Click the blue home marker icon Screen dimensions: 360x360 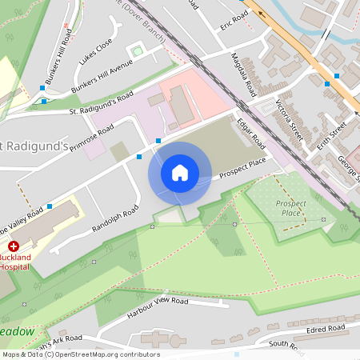pyautogui.click(x=180, y=172)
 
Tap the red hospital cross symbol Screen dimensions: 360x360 pyautogui.click(x=14, y=248)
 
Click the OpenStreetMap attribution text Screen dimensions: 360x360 pyautogui.click(x=80, y=354)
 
